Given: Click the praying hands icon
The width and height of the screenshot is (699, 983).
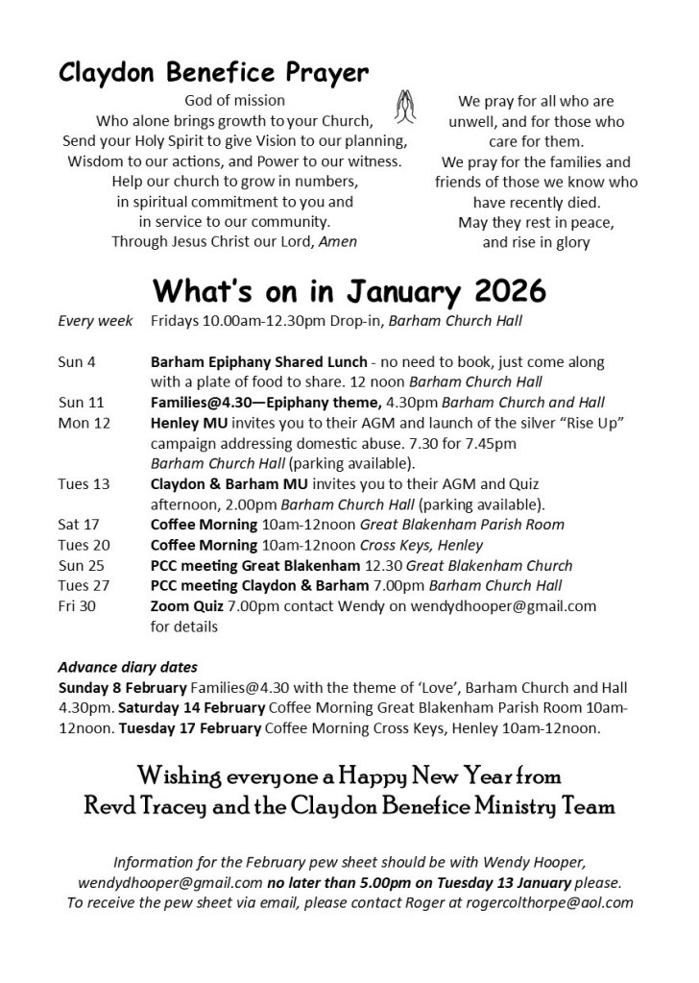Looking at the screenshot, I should coord(404,102).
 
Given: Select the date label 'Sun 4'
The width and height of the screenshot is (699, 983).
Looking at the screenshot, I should coord(78,362).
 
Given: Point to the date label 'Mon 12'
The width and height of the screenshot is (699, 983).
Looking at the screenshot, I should coord(85,423).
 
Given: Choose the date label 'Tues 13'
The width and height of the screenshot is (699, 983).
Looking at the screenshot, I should coord(84,483).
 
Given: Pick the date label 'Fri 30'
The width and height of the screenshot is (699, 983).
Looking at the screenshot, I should coord(78,606).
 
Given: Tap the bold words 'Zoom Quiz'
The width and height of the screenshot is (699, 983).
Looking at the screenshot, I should coord(187,606).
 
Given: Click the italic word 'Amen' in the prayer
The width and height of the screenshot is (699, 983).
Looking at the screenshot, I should coord(338,242).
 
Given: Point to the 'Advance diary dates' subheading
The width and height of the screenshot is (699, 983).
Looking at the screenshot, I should coord(128,667).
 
